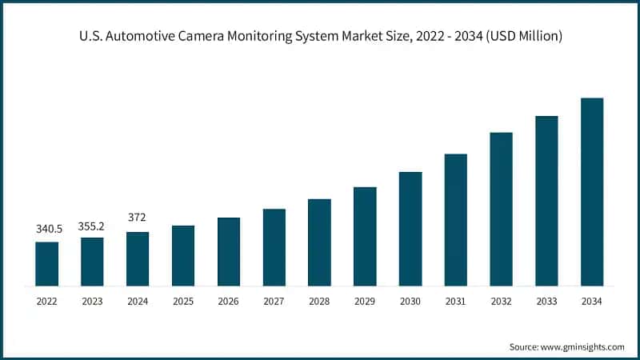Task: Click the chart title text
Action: (320, 37)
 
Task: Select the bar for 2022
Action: (46, 264)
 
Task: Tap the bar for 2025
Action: (183, 256)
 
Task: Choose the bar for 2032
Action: (501, 209)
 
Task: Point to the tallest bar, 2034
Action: (592, 192)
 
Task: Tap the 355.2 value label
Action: (92, 226)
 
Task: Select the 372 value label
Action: (138, 218)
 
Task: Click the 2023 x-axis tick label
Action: (92, 302)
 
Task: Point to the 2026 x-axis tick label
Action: (229, 302)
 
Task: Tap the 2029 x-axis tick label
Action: (365, 302)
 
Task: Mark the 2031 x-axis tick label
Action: (456, 302)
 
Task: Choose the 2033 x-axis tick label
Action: (546, 302)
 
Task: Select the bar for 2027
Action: (274, 247)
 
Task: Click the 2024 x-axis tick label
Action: (138, 302)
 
